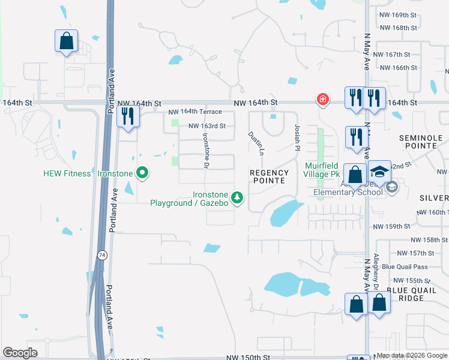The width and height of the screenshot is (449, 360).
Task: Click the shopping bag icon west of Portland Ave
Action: tap(66, 41)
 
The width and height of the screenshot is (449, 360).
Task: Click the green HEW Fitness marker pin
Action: tap(142, 173)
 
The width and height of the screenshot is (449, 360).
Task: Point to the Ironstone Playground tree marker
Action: tap(238, 197)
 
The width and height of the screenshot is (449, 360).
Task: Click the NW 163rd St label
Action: tap(206, 126)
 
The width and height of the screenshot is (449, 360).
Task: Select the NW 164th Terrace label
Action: tap(195, 112)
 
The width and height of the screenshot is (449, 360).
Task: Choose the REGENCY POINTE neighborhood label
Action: tap(270, 177)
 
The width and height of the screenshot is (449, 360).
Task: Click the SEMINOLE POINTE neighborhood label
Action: tap(420, 142)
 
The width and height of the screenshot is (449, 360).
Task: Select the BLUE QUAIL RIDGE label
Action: tap(405, 294)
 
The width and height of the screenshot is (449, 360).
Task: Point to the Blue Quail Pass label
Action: tap(404, 267)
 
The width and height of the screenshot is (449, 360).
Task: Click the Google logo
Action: tap(20, 353)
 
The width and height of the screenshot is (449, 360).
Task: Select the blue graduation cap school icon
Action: tap(379, 170)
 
